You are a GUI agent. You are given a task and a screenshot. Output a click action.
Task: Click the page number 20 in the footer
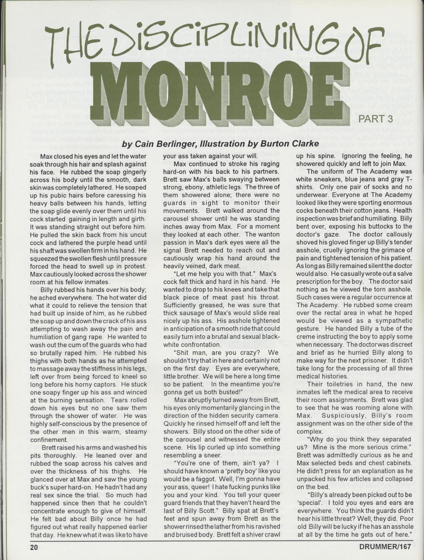click(x=34, y=547)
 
